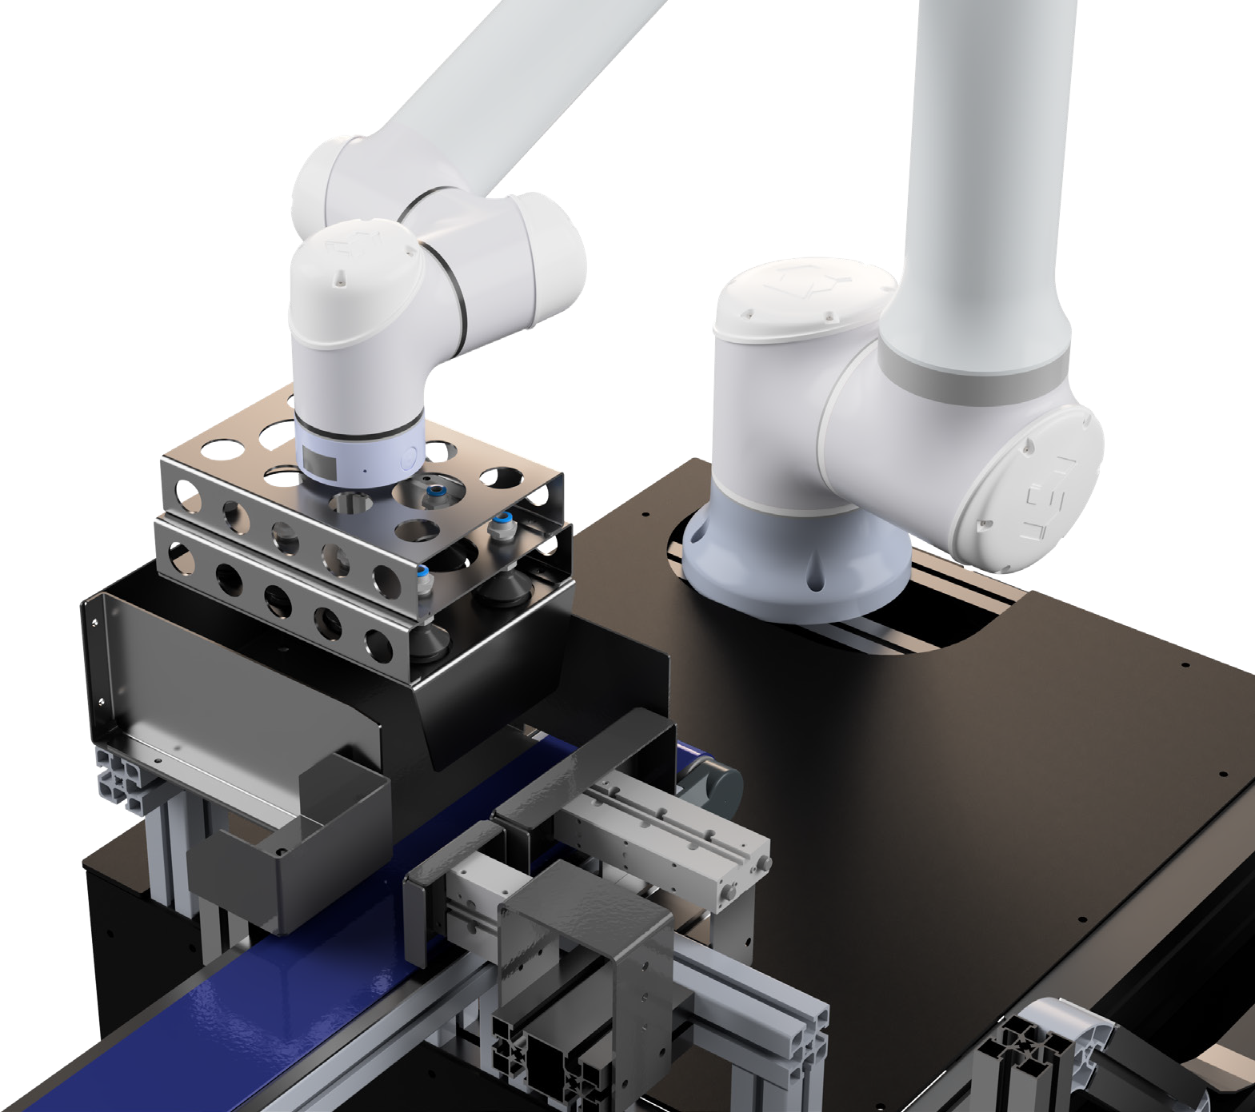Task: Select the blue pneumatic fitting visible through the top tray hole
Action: click(x=437, y=489)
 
